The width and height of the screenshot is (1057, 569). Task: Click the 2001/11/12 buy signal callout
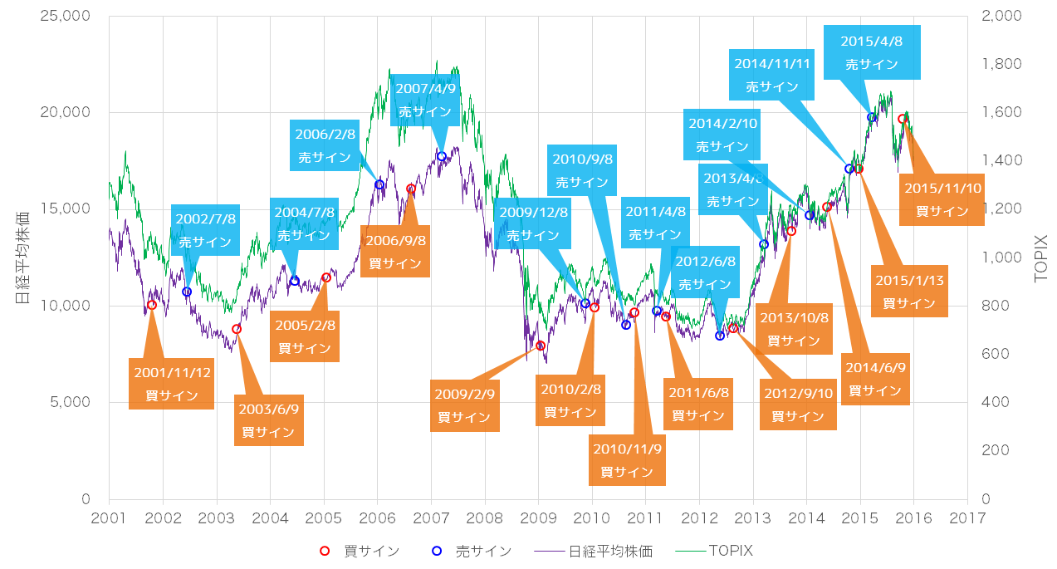[x=172, y=384]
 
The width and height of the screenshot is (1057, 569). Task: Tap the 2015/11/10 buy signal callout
[x=942, y=199]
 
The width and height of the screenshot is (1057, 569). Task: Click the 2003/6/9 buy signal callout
[x=268, y=420]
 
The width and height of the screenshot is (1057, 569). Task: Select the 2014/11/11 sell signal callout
[x=772, y=75]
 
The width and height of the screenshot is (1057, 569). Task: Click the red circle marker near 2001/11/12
[x=152, y=305]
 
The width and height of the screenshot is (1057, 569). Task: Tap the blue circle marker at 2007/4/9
[x=442, y=156]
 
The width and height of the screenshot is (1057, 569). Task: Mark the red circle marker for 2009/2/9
[x=541, y=346]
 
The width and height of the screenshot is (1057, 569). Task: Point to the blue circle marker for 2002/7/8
[x=187, y=292]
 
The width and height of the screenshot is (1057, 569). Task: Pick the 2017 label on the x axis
[x=967, y=517]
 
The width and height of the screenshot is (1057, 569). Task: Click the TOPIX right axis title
[x=1041, y=258]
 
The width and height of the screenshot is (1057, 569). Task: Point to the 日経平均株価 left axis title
[x=23, y=258]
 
